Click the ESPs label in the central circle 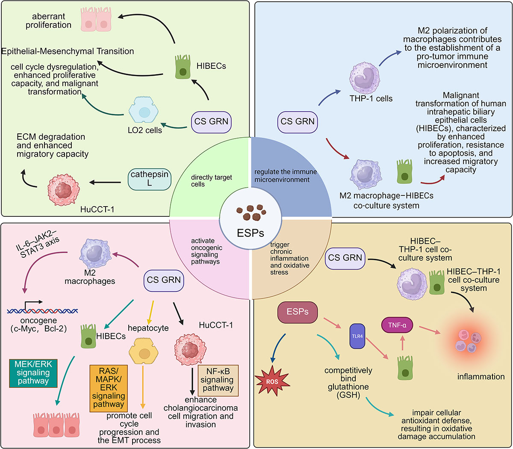pos(251,233)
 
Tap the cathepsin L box pos(150,179)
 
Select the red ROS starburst pos(272,381)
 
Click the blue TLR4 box pos(357,336)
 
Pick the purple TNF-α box pos(398,325)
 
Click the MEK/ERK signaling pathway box pos(33,373)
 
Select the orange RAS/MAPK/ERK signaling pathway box pos(108,388)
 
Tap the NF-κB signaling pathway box pos(218,380)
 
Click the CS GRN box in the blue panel pos(298,121)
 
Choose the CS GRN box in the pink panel pos(164,280)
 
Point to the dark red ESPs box pos(298,312)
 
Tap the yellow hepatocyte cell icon pos(144,353)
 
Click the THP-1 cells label pos(371,99)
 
